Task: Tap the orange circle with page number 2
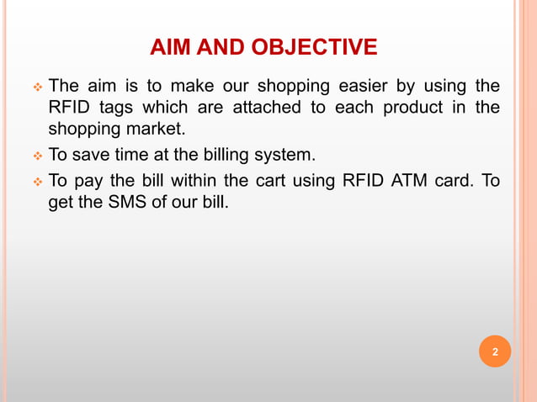tap(495, 352)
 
